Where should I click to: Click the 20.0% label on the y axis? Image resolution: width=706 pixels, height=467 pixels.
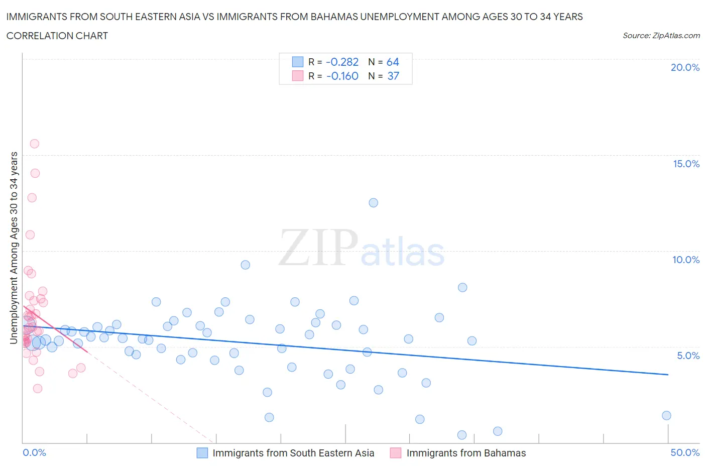tap(685, 67)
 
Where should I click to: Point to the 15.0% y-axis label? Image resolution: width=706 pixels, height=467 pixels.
tap(686, 164)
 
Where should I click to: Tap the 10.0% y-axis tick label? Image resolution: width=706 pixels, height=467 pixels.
tap(686, 260)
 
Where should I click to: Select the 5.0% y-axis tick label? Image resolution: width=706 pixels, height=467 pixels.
tap(688, 356)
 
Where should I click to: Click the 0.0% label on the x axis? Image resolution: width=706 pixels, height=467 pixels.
tap(34, 452)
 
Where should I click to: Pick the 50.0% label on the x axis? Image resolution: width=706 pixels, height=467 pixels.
tap(685, 452)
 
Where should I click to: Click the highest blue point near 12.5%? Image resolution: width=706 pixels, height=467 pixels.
tap(373, 203)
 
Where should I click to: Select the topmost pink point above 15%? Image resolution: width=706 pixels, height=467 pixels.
tap(35, 144)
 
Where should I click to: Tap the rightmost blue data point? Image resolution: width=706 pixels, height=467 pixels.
tap(666, 415)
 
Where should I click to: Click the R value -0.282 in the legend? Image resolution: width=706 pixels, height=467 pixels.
tap(342, 62)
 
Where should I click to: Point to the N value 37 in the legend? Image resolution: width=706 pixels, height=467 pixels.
tap(393, 76)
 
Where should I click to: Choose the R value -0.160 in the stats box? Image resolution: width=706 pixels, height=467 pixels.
tap(342, 76)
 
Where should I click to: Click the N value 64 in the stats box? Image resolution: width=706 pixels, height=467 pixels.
tap(392, 62)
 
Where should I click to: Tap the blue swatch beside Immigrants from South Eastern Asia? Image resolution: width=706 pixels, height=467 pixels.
tap(202, 453)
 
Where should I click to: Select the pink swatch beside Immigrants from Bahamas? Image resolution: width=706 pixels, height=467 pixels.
tap(396, 453)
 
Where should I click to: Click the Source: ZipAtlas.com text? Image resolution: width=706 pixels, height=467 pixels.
tap(661, 36)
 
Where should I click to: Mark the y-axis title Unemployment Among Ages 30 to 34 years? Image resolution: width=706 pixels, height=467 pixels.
tap(14, 248)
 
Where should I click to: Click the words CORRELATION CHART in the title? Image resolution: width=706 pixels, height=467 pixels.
tap(57, 36)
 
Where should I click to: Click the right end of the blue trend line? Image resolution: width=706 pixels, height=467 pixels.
tap(668, 375)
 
